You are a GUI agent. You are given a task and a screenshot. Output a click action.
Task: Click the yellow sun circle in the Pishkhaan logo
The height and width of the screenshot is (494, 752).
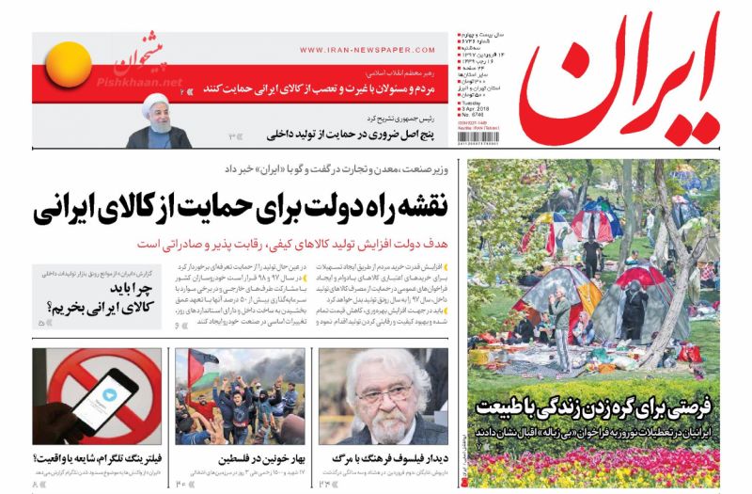click(70, 67)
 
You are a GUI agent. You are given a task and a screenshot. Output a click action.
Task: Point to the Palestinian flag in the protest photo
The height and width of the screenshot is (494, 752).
click(201, 369)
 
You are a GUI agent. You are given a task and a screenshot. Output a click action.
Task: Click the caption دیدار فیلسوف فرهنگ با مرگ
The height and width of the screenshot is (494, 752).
click(381, 458)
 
